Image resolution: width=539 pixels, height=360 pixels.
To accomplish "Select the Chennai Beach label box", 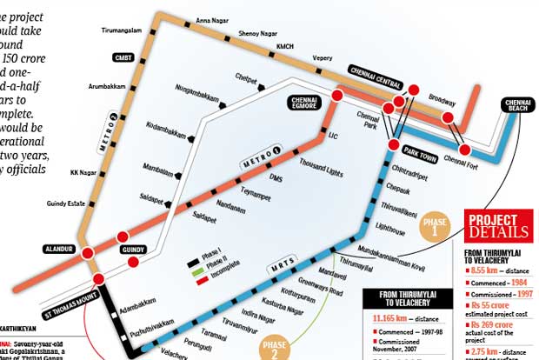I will point(519,105).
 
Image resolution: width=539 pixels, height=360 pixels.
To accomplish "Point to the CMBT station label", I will point(123,57).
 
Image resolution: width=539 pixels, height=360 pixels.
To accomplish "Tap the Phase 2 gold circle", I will point(274,348).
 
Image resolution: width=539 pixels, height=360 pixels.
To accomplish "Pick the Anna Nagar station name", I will point(212,19).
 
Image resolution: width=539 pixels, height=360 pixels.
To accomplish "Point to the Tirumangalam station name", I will point(120,30).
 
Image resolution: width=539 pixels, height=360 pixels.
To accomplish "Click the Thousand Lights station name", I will point(323,164).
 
